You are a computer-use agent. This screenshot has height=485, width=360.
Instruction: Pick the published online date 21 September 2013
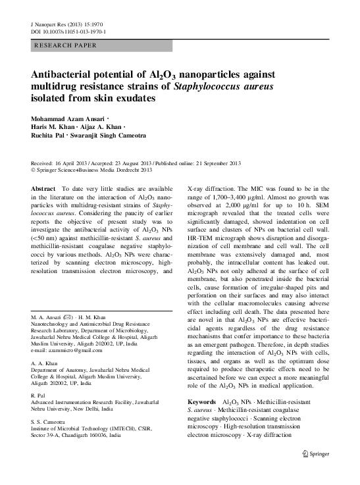click(x=214, y=163)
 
